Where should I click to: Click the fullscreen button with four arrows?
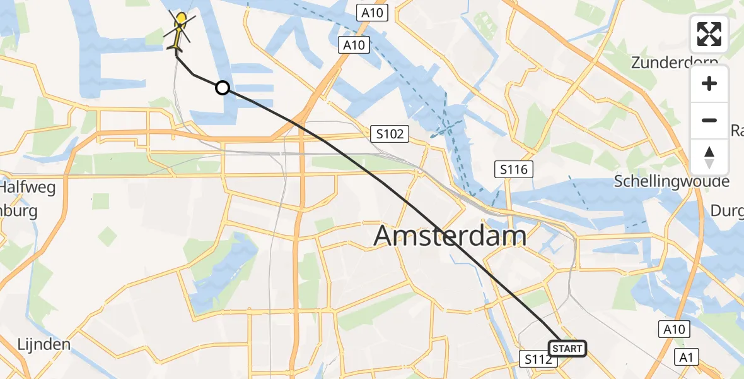pyautogui.click(x=709, y=34)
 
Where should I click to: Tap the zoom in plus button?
pyautogui.click(x=709, y=83)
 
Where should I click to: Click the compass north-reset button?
pyautogui.click(x=709, y=157)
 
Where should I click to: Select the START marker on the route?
pyautogui.click(x=567, y=349)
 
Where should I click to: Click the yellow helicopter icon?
pyautogui.click(x=179, y=32)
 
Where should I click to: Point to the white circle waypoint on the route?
pyautogui.click(x=222, y=88)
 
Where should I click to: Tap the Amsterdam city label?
pyautogui.click(x=450, y=236)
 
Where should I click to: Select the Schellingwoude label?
pyautogui.click(x=672, y=182)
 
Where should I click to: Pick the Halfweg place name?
pyautogui.click(x=28, y=188)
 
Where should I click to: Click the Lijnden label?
pyautogui.click(x=44, y=345)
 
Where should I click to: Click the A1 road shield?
pyautogui.click(x=687, y=358)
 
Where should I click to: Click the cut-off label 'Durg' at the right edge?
pyautogui.click(x=728, y=210)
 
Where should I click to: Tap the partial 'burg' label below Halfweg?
pyautogui.click(x=19, y=211)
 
